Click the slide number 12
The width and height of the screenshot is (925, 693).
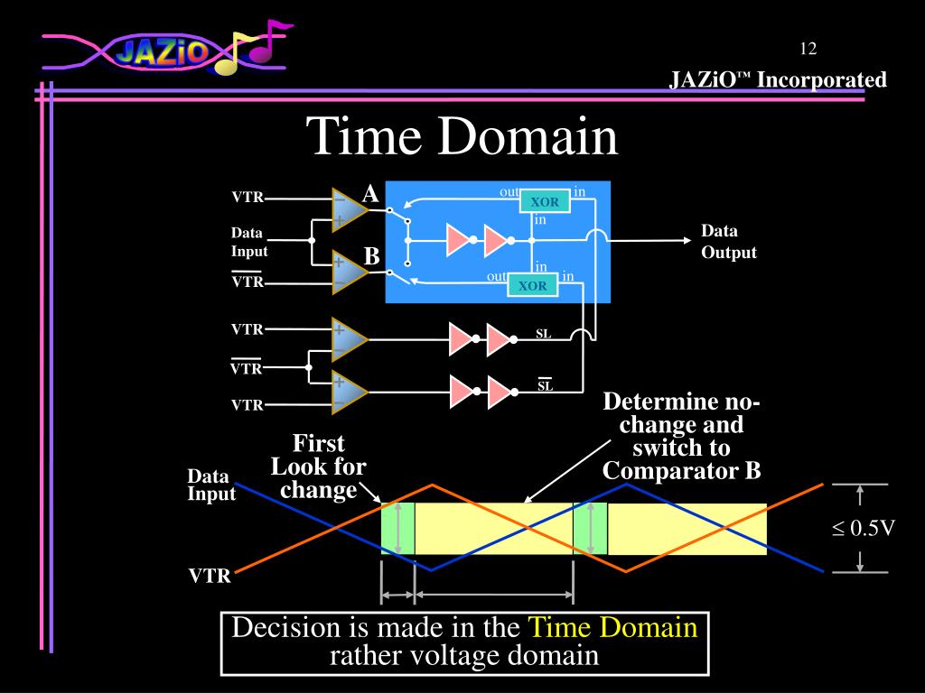pyautogui.click(x=808, y=49)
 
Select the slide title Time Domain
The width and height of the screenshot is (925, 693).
pyautogui.click(x=462, y=137)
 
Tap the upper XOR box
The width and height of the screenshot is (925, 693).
pyautogui.click(x=544, y=202)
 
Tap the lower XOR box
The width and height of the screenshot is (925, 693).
pyautogui.click(x=533, y=286)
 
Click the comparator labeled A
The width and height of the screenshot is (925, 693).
pyautogui.click(x=349, y=209)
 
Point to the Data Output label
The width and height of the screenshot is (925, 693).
pyautogui.click(x=728, y=242)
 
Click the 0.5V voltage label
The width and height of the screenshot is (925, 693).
pyautogui.click(x=863, y=529)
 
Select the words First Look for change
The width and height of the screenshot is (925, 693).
pyautogui.click(x=318, y=467)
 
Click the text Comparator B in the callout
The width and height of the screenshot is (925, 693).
pyautogui.click(x=681, y=471)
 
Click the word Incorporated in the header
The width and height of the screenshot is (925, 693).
pyautogui.click(x=821, y=80)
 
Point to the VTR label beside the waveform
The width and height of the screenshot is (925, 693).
pyautogui.click(x=210, y=576)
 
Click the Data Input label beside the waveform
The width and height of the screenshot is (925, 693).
pyautogui.click(x=210, y=485)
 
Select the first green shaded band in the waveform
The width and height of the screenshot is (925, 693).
pyautogui.click(x=397, y=529)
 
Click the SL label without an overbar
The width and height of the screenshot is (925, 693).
pyautogui.click(x=544, y=335)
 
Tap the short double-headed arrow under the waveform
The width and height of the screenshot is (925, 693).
pyautogui.click(x=397, y=596)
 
